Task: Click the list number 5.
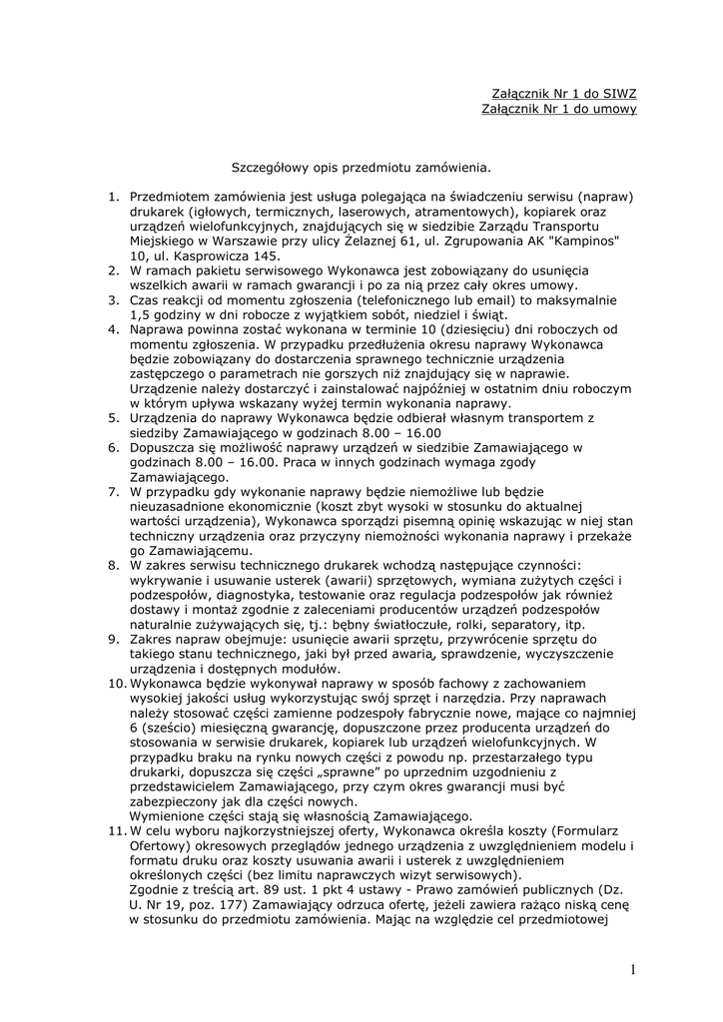click(x=114, y=417)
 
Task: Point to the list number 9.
click(x=114, y=637)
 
